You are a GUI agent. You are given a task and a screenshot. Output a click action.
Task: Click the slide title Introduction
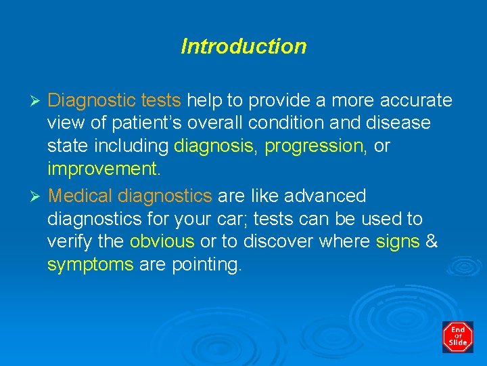pos(243,47)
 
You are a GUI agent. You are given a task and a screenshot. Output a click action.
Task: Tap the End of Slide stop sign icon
pos(458,337)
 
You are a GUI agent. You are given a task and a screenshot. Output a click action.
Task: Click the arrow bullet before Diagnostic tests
pos(38,101)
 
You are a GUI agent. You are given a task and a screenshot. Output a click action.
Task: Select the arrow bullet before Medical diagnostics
pos(38,197)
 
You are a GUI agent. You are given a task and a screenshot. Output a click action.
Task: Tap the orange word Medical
pos(80,197)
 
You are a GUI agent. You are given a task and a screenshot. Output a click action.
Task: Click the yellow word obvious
pos(162,242)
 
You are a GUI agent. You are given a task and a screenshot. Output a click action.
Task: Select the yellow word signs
pos(397,242)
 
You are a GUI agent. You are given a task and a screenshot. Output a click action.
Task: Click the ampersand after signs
pos(431,242)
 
